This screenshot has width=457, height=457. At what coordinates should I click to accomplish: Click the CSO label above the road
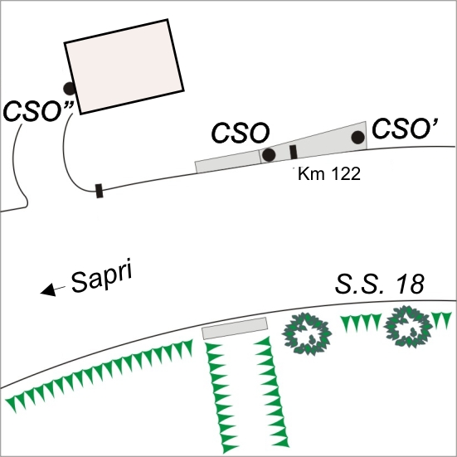[241, 133]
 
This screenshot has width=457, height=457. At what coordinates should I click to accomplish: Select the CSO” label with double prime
[38, 111]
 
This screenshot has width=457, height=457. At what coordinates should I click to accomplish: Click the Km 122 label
[329, 173]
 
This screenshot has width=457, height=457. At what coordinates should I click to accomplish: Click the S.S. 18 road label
[380, 284]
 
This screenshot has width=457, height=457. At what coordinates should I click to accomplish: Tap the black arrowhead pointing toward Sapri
[49, 289]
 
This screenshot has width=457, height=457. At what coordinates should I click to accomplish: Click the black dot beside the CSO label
[269, 155]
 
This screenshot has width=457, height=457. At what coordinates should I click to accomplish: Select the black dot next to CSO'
[358, 138]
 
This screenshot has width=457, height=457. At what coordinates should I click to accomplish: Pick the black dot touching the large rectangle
[70, 88]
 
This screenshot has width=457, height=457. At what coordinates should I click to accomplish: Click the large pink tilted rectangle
[124, 66]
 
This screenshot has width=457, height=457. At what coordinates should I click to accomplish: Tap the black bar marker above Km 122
[294, 152]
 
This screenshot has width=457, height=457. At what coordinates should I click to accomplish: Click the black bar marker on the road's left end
[100, 191]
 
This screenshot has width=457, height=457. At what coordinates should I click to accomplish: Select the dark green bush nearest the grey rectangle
[306, 333]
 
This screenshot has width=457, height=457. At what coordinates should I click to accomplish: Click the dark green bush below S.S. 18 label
[408, 327]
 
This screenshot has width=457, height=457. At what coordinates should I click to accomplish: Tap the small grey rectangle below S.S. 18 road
[235, 328]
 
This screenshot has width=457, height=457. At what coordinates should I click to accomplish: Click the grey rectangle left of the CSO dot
[228, 162]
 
